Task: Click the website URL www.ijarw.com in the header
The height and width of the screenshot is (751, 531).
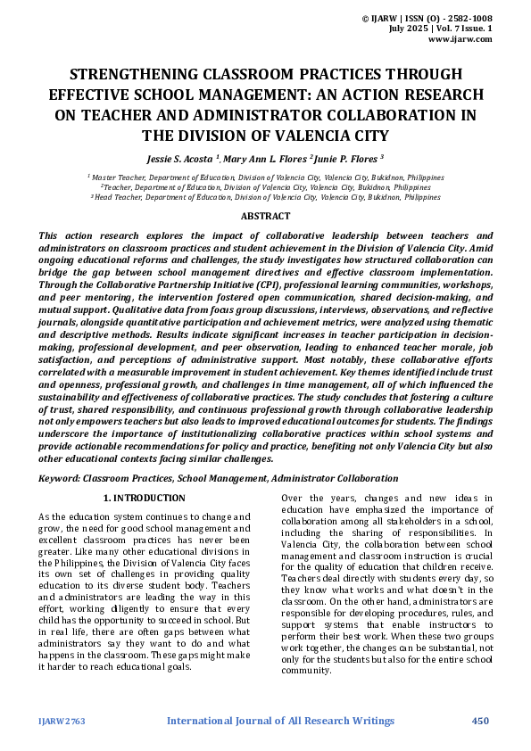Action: point(460,39)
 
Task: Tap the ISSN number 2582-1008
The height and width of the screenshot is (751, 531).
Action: point(469,18)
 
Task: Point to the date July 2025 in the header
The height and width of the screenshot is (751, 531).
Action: point(410,29)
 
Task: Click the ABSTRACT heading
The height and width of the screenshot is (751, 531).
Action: point(265,216)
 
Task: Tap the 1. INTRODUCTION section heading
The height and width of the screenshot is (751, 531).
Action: point(144,498)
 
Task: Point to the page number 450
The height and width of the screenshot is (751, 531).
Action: point(481,721)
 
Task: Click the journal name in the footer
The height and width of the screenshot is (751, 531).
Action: point(280,721)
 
